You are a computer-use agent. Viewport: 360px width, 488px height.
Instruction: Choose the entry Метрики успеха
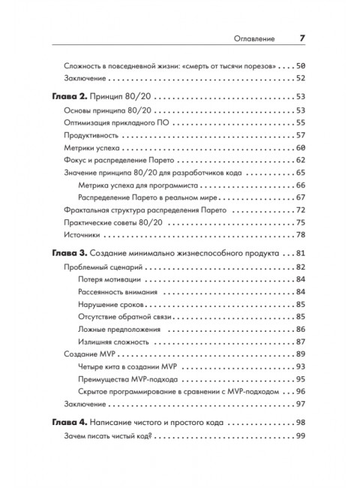pyautogui.click(x=91, y=149)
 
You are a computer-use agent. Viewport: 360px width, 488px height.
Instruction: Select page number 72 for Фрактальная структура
pyautogui.click(x=299, y=209)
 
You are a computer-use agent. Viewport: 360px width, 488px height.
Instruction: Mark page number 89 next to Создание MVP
pyautogui.click(x=299, y=354)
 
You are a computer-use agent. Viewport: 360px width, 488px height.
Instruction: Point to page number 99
pyautogui.click(x=299, y=437)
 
